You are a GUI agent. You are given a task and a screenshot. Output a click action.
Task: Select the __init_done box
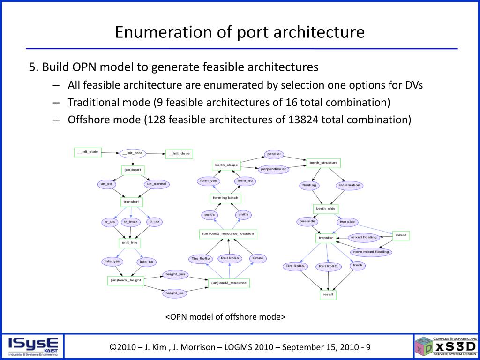click(x=179, y=154)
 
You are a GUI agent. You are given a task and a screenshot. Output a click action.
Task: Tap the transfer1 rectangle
click(x=132, y=202)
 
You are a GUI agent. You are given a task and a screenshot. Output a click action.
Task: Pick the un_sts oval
click(x=107, y=184)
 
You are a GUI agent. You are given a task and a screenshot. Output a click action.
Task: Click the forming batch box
click(x=225, y=198)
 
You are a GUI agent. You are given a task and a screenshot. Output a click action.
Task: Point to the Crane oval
click(x=257, y=258)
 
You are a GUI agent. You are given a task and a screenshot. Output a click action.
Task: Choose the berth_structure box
click(x=323, y=163)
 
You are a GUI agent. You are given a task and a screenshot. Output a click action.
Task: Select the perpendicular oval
click(x=273, y=169)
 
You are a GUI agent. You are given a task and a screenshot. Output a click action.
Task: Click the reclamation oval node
click(x=349, y=185)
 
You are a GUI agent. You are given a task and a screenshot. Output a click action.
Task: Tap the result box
click(x=328, y=294)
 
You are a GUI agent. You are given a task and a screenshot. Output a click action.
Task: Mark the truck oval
click(x=358, y=265)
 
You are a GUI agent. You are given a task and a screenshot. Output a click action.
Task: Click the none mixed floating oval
click(x=371, y=252)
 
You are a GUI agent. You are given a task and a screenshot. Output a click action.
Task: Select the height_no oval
click(x=174, y=293)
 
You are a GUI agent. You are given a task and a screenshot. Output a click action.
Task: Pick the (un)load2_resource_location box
click(x=228, y=234)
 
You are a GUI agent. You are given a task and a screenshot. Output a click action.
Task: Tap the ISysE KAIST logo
click(x=33, y=346)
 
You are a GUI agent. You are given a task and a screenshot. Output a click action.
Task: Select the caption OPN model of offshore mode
click(x=225, y=317)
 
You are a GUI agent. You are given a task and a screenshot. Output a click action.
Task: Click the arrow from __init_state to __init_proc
click(x=111, y=152)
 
